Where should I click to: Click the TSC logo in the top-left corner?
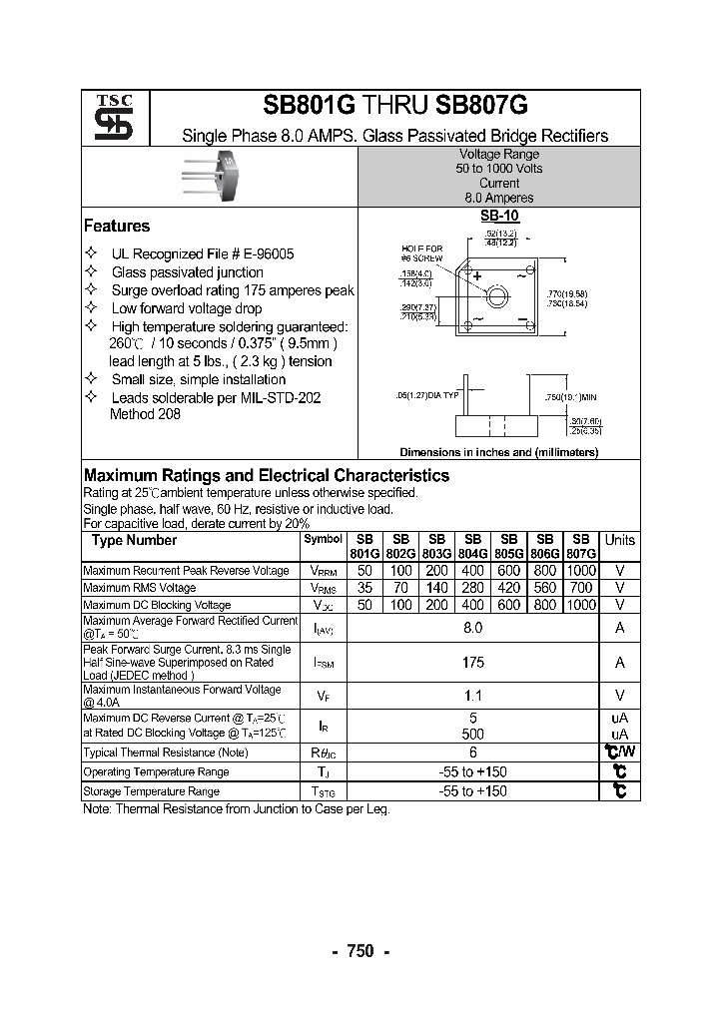point(107,117)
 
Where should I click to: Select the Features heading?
point(117,227)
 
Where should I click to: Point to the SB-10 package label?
point(498,216)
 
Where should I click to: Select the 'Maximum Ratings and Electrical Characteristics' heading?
point(266,476)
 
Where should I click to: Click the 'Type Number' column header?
point(134,541)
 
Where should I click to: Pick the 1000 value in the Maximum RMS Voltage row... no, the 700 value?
point(581,588)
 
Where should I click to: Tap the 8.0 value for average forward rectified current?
point(473,627)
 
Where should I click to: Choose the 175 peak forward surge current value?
point(473,662)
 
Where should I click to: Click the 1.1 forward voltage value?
point(473,696)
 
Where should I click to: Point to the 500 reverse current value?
point(473,734)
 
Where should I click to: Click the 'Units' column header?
point(619,540)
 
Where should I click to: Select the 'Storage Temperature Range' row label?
point(151,791)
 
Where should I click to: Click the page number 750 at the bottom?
point(359,951)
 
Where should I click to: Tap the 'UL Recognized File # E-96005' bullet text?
point(203,254)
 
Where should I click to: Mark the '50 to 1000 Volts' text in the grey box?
point(499,169)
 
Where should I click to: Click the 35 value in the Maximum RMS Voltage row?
point(364,588)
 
